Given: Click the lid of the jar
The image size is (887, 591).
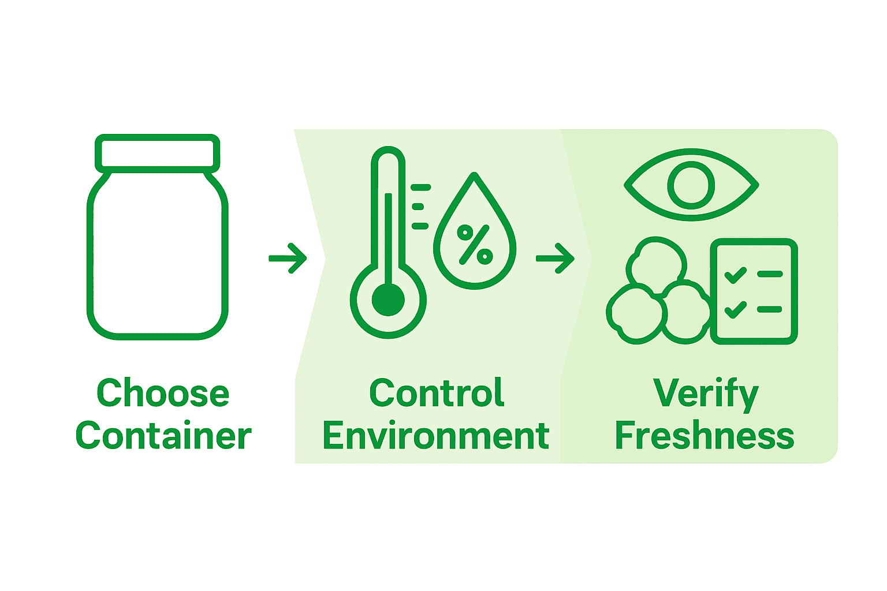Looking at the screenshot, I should [x=158, y=154].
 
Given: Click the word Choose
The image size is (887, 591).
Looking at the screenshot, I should [x=163, y=393].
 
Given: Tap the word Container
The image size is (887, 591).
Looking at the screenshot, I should [x=163, y=436].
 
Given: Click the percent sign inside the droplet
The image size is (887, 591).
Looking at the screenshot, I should [x=475, y=244].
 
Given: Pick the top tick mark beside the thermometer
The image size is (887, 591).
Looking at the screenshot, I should [x=420, y=188].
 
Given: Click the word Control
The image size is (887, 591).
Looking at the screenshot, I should [x=437, y=393].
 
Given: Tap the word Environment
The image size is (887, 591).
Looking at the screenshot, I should [x=436, y=436].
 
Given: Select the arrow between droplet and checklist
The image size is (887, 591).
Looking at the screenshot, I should [x=555, y=258].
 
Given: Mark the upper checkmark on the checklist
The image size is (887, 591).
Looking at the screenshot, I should [x=735, y=275].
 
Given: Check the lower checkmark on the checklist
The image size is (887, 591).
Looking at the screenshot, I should [x=735, y=310].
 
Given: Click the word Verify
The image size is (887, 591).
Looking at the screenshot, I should [x=705, y=394].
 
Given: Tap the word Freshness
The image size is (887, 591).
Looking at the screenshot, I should [x=705, y=436].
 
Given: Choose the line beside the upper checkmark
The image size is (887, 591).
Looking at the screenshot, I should [x=770, y=274].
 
